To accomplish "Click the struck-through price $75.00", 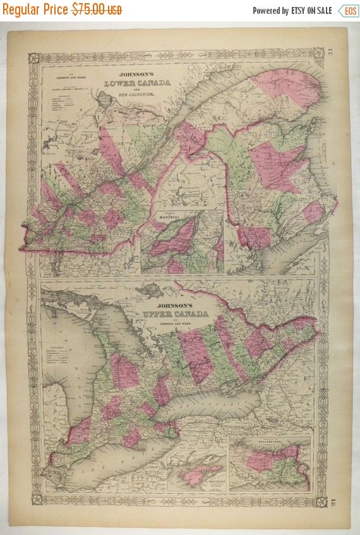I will (x=97, y=10).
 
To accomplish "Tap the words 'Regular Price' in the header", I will (x=36, y=10).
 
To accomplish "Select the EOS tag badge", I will (x=347, y=10).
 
